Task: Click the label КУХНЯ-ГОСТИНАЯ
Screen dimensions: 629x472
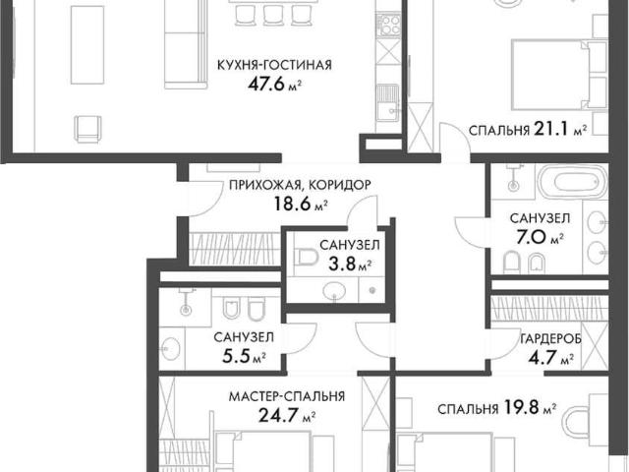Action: point(274,65)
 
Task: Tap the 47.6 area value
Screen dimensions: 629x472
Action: point(265,84)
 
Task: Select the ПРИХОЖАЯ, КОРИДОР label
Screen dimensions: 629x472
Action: point(300,185)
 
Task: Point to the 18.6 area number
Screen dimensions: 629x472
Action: point(292,204)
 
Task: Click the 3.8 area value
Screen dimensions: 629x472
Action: point(342,265)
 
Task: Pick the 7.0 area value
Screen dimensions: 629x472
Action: point(531,238)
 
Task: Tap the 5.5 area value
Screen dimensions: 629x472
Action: point(236,356)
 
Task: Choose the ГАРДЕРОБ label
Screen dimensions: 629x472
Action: point(550,339)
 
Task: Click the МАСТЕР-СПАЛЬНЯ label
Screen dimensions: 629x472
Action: point(287,396)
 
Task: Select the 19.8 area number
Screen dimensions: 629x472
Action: point(521,408)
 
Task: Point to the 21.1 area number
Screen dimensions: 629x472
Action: point(551,129)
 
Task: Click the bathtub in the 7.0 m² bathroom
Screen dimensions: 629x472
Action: point(573,182)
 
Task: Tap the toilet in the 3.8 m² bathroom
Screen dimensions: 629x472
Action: point(307,258)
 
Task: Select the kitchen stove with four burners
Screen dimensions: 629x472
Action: point(388,25)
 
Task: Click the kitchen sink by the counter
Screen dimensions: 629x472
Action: point(388,103)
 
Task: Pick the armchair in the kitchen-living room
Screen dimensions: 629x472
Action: point(87,129)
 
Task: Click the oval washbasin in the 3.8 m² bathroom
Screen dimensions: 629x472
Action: point(334,290)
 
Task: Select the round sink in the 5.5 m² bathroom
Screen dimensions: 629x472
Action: point(170,347)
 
